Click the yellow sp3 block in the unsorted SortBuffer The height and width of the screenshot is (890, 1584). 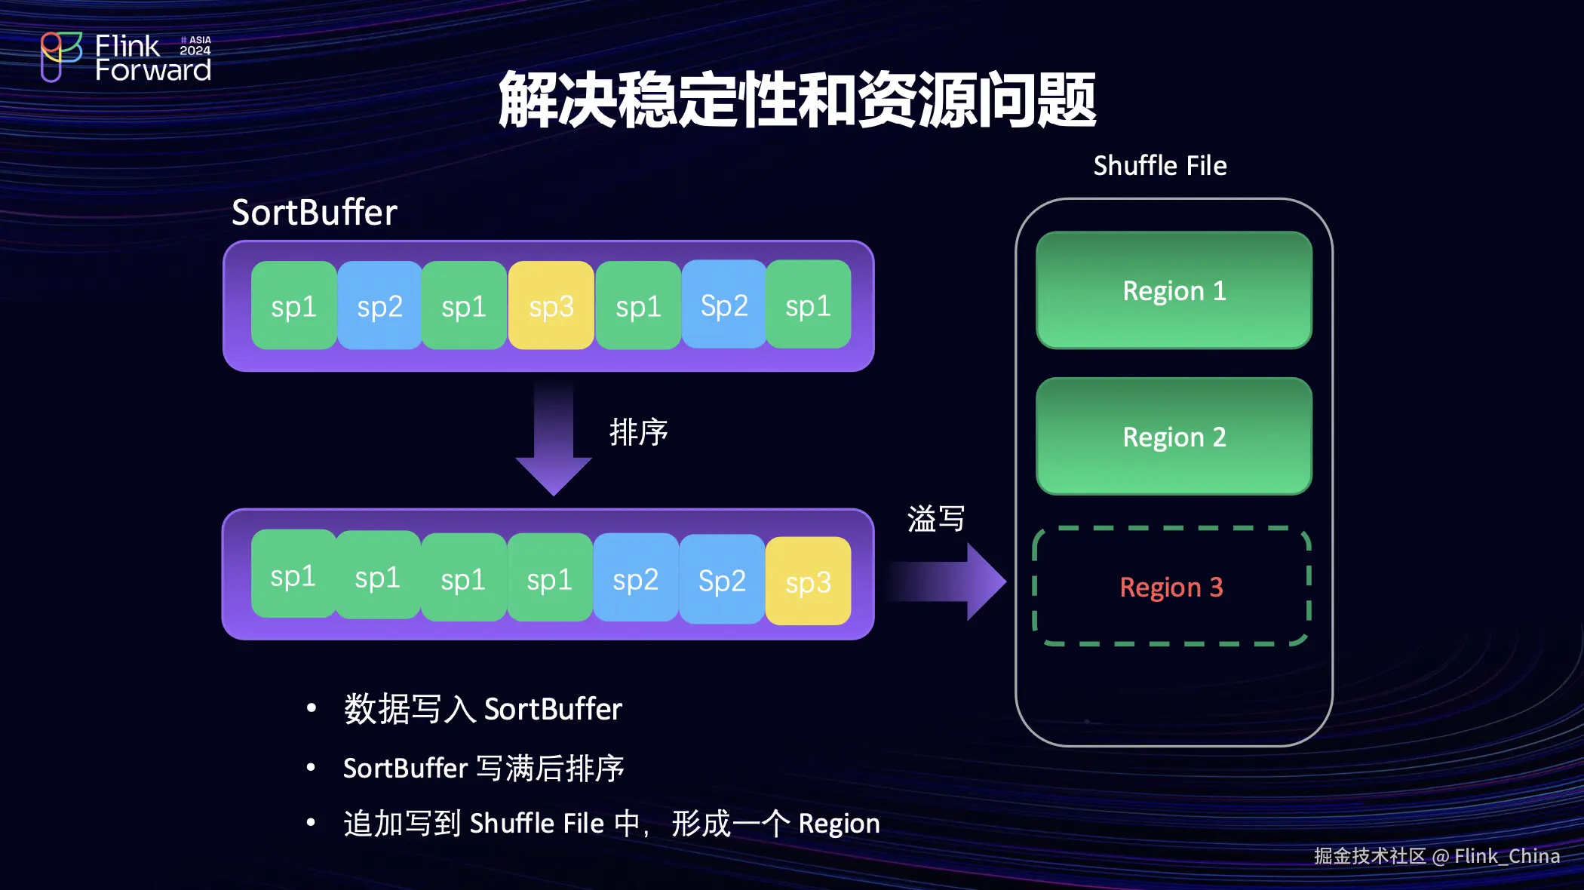(551, 305)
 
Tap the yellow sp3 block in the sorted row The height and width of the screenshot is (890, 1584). (808, 581)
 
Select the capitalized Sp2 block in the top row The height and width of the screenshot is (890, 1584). (723, 305)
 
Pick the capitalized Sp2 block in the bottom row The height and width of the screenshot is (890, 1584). (722, 579)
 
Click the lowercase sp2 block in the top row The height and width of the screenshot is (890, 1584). (379, 305)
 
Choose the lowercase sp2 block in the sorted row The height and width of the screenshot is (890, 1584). (636, 578)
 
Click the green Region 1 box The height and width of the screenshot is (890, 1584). (1174, 290)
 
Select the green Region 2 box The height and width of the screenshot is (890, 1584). (1174, 436)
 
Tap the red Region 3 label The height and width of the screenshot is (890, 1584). (1171, 587)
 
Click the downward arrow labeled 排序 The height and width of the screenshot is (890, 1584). (554, 437)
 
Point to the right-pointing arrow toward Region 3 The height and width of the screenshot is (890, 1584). (947, 582)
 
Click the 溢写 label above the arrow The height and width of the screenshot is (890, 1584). (935, 519)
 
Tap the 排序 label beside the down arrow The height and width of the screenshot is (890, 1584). (638, 432)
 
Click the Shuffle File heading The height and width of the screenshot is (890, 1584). (1159, 165)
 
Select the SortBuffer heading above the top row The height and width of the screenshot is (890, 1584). (314, 212)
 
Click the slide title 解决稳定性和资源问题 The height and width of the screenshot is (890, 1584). (797, 100)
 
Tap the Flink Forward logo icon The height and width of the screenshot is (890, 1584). (60, 56)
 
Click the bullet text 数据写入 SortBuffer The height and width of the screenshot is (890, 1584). (483, 709)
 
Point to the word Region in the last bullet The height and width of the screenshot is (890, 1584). (839, 824)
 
